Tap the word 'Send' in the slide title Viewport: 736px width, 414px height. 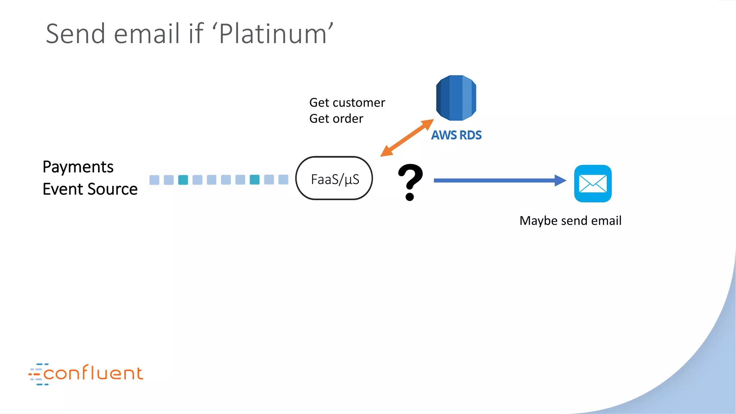76,34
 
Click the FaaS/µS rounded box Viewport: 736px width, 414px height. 334,179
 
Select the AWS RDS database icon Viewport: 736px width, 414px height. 456,98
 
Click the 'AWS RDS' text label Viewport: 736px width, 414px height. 456,135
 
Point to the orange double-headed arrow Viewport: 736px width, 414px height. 407,138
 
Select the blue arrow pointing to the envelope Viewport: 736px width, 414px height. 500,180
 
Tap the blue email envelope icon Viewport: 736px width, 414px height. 593,184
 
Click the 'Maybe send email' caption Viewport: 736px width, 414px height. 570,221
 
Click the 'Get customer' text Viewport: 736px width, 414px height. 347,103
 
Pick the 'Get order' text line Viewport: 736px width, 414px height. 336,119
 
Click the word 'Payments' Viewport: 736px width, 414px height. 78,167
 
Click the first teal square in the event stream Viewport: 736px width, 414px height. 183,180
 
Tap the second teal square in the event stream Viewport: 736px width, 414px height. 254,180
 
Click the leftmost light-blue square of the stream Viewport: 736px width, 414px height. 154,180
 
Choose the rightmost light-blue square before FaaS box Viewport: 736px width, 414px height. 283,180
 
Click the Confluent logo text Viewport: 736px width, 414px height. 93,373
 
